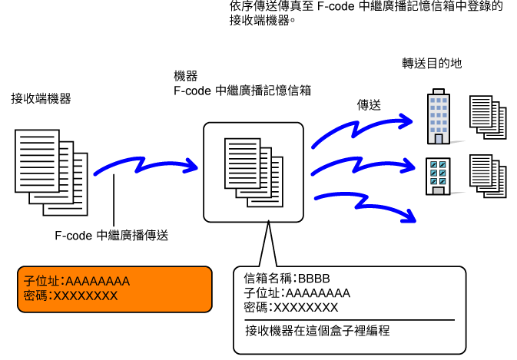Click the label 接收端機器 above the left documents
(x=41, y=98)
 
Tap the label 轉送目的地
(x=432, y=63)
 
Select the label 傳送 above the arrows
(x=369, y=105)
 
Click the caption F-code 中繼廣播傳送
(x=111, y=236)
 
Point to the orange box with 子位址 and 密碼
(x=114, y=289)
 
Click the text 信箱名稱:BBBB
(x=287, y=279)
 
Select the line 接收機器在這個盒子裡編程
(x=317, y=330)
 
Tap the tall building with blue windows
(x=438, y=116)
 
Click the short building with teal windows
(x=438, y=177)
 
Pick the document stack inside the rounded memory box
(x=254, y=173)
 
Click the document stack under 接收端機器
(x=51, y=173)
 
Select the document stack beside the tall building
(x=488, y=117)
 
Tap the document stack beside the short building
(x=488, y=177)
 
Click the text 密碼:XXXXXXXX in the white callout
(x=291, y=308)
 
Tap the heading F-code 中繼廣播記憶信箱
(x=242, y=91)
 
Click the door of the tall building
(x=439, y=139)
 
